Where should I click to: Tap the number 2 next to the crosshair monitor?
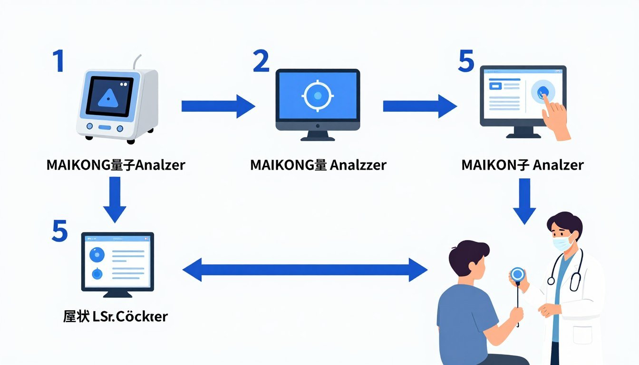pyautogui.click(x=261, y=62)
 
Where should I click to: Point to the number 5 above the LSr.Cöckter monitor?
pyautogui.click(x=60, y=231)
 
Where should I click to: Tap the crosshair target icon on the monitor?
pyautogui.click(x=318, y=96)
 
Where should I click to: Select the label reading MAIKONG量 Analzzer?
pyautogui.click(x=318, y=165)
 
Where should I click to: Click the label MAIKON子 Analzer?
pyautogui.click(x=522, y=165)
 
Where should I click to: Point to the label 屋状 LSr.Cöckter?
pyautogui.click(x=115, y=316)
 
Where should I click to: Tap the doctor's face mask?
pyautogui.click(x=562, y=242)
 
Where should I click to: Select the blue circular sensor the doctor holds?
pyautogui.click(x=517, y=274)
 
